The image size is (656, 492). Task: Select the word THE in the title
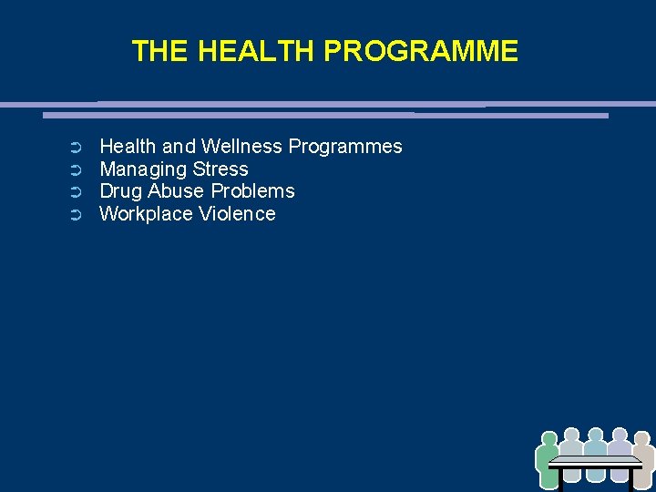click(160, 51)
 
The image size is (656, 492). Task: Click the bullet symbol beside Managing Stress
click(77, 169)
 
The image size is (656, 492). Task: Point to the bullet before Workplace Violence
click(77, 215)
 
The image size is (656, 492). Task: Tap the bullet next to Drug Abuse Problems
click(77, 192)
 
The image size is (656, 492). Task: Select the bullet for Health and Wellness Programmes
click(77, 148)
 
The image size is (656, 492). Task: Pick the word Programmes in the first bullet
click(345, 147)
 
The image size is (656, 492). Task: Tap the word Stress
click(220, 169)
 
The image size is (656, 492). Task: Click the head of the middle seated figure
click(596, 436)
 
